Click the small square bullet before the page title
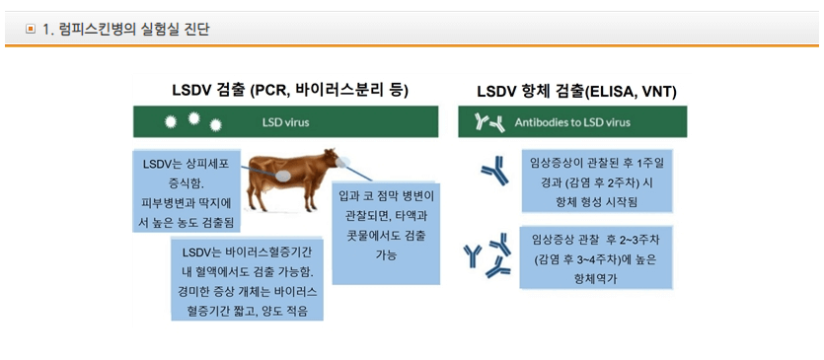[31, 29]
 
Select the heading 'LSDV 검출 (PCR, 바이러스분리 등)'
[291, 91]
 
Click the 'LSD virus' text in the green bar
[285, 123]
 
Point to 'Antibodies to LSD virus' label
[572, 123]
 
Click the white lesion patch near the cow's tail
[283, 174]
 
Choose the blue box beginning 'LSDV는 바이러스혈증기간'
[247, 278]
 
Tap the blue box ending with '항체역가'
[601, 257]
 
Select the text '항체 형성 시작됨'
[599, 201]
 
